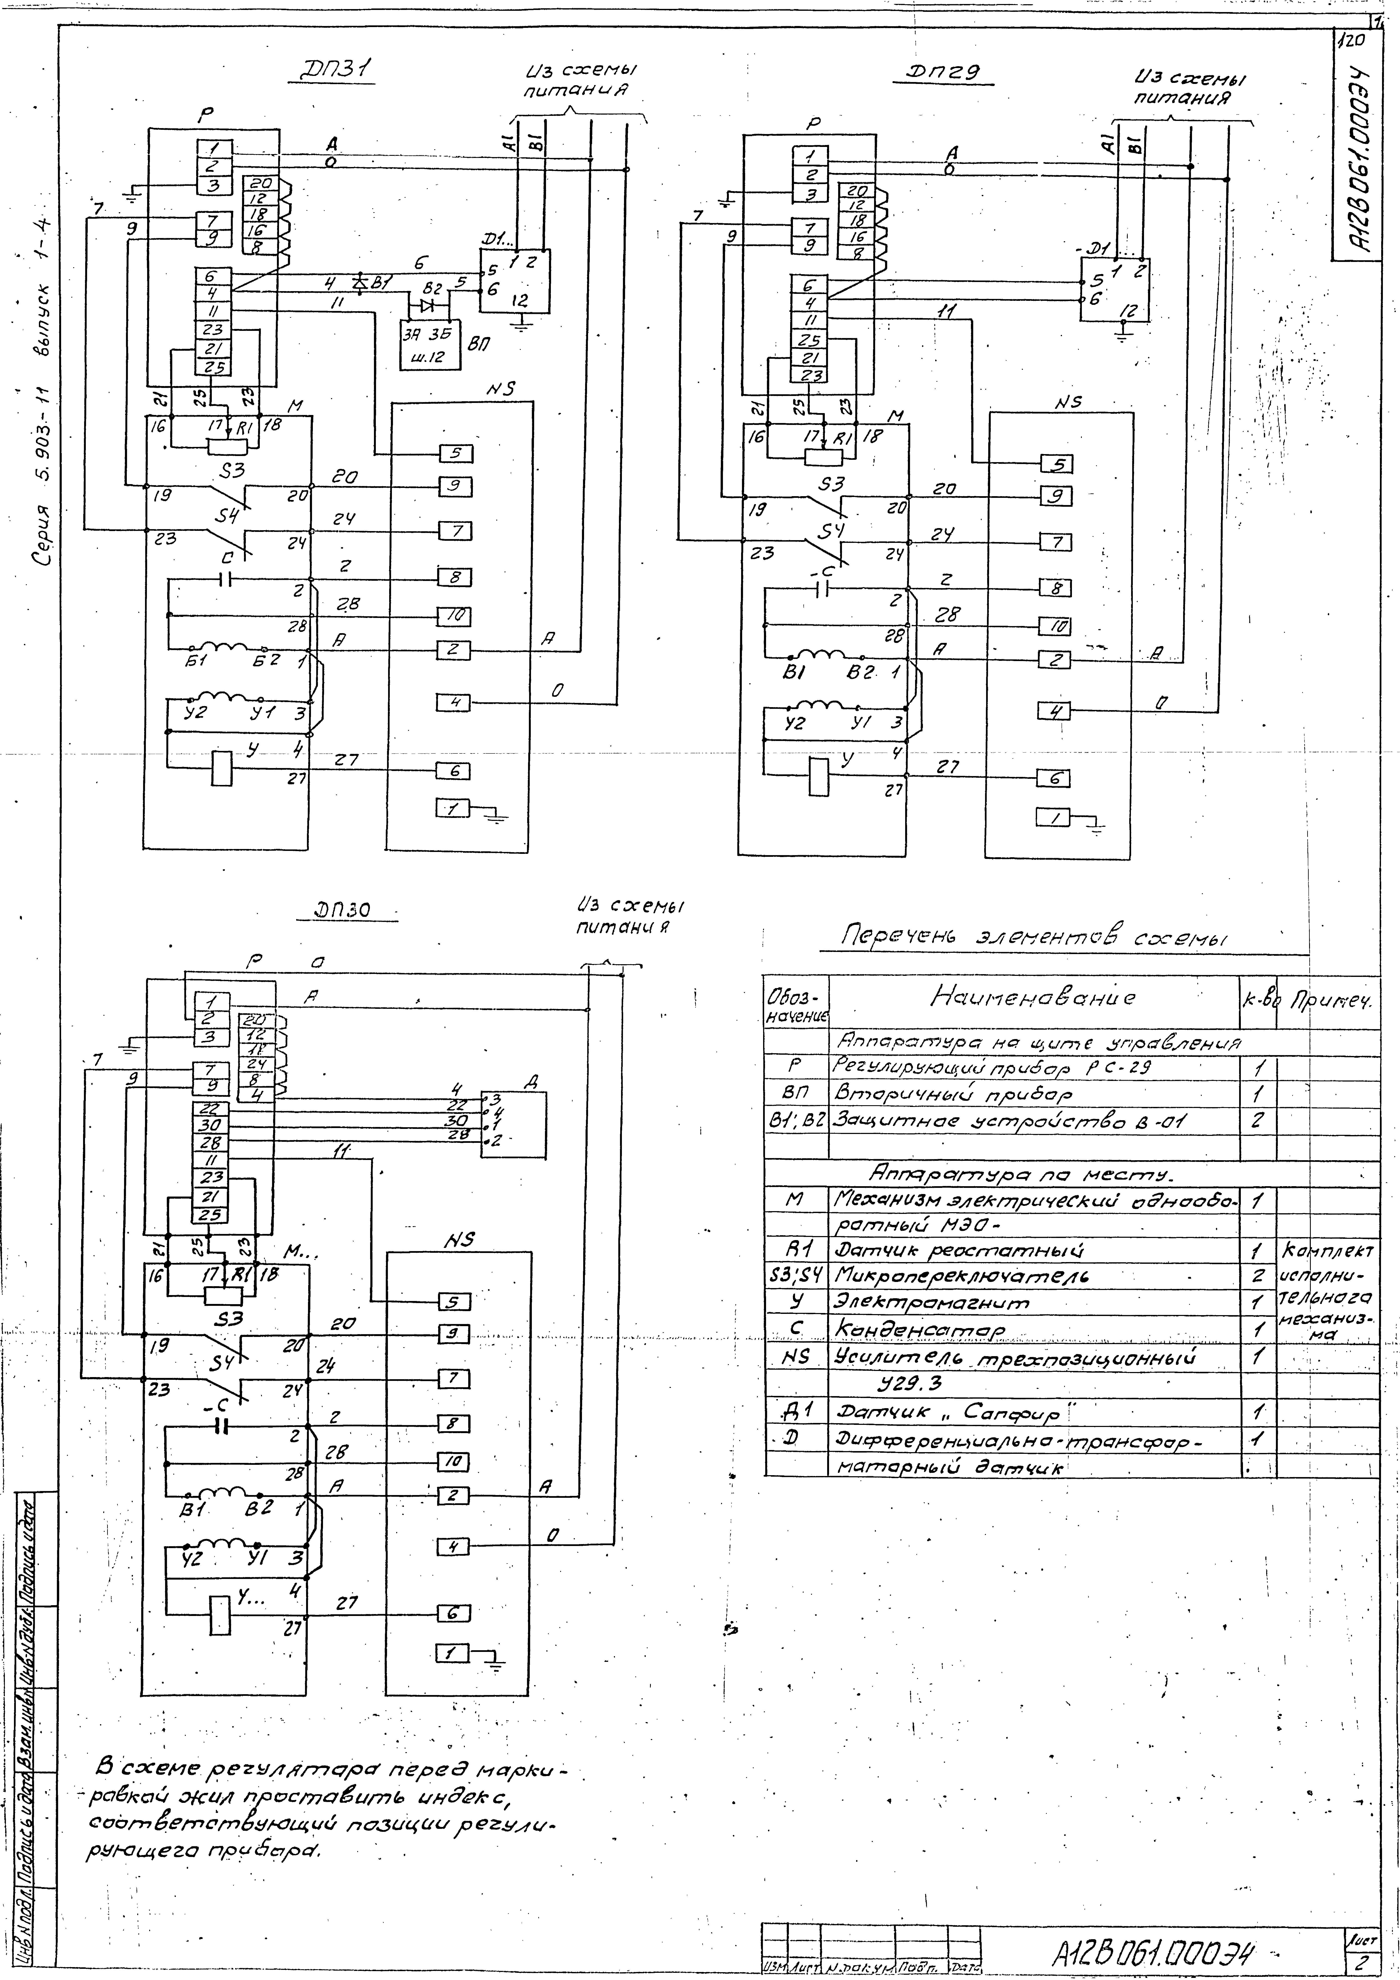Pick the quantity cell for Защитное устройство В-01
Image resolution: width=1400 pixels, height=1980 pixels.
pos(1258,1120)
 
